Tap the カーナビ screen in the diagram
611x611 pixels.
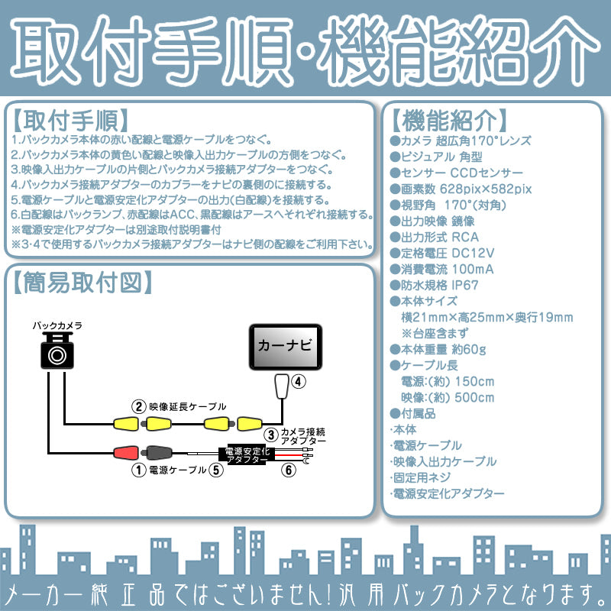[x=284, y=346]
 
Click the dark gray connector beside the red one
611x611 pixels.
[x=160, y=452]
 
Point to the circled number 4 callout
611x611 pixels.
[x=299, y=380]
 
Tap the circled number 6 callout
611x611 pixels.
[x=288, y=470]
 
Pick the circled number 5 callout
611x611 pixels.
[x=217, y=470]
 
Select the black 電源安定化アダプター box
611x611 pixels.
[x=245, y=456]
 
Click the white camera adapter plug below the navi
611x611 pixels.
[x=282, y=386]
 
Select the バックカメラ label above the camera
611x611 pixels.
[x=57, y=325]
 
